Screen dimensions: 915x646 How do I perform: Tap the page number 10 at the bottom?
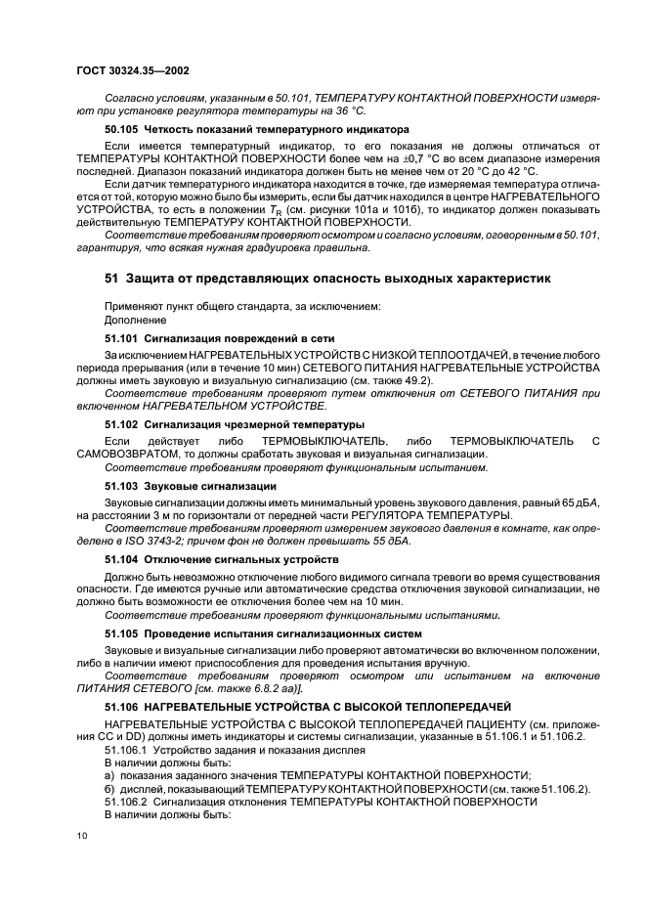pos(82,833)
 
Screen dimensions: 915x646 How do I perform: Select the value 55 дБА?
pos(389,541)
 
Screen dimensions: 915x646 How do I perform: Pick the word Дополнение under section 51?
pos(135,320)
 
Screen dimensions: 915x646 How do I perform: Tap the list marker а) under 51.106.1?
pos(109,772)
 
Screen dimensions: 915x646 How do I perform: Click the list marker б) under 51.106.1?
pos(109,787)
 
